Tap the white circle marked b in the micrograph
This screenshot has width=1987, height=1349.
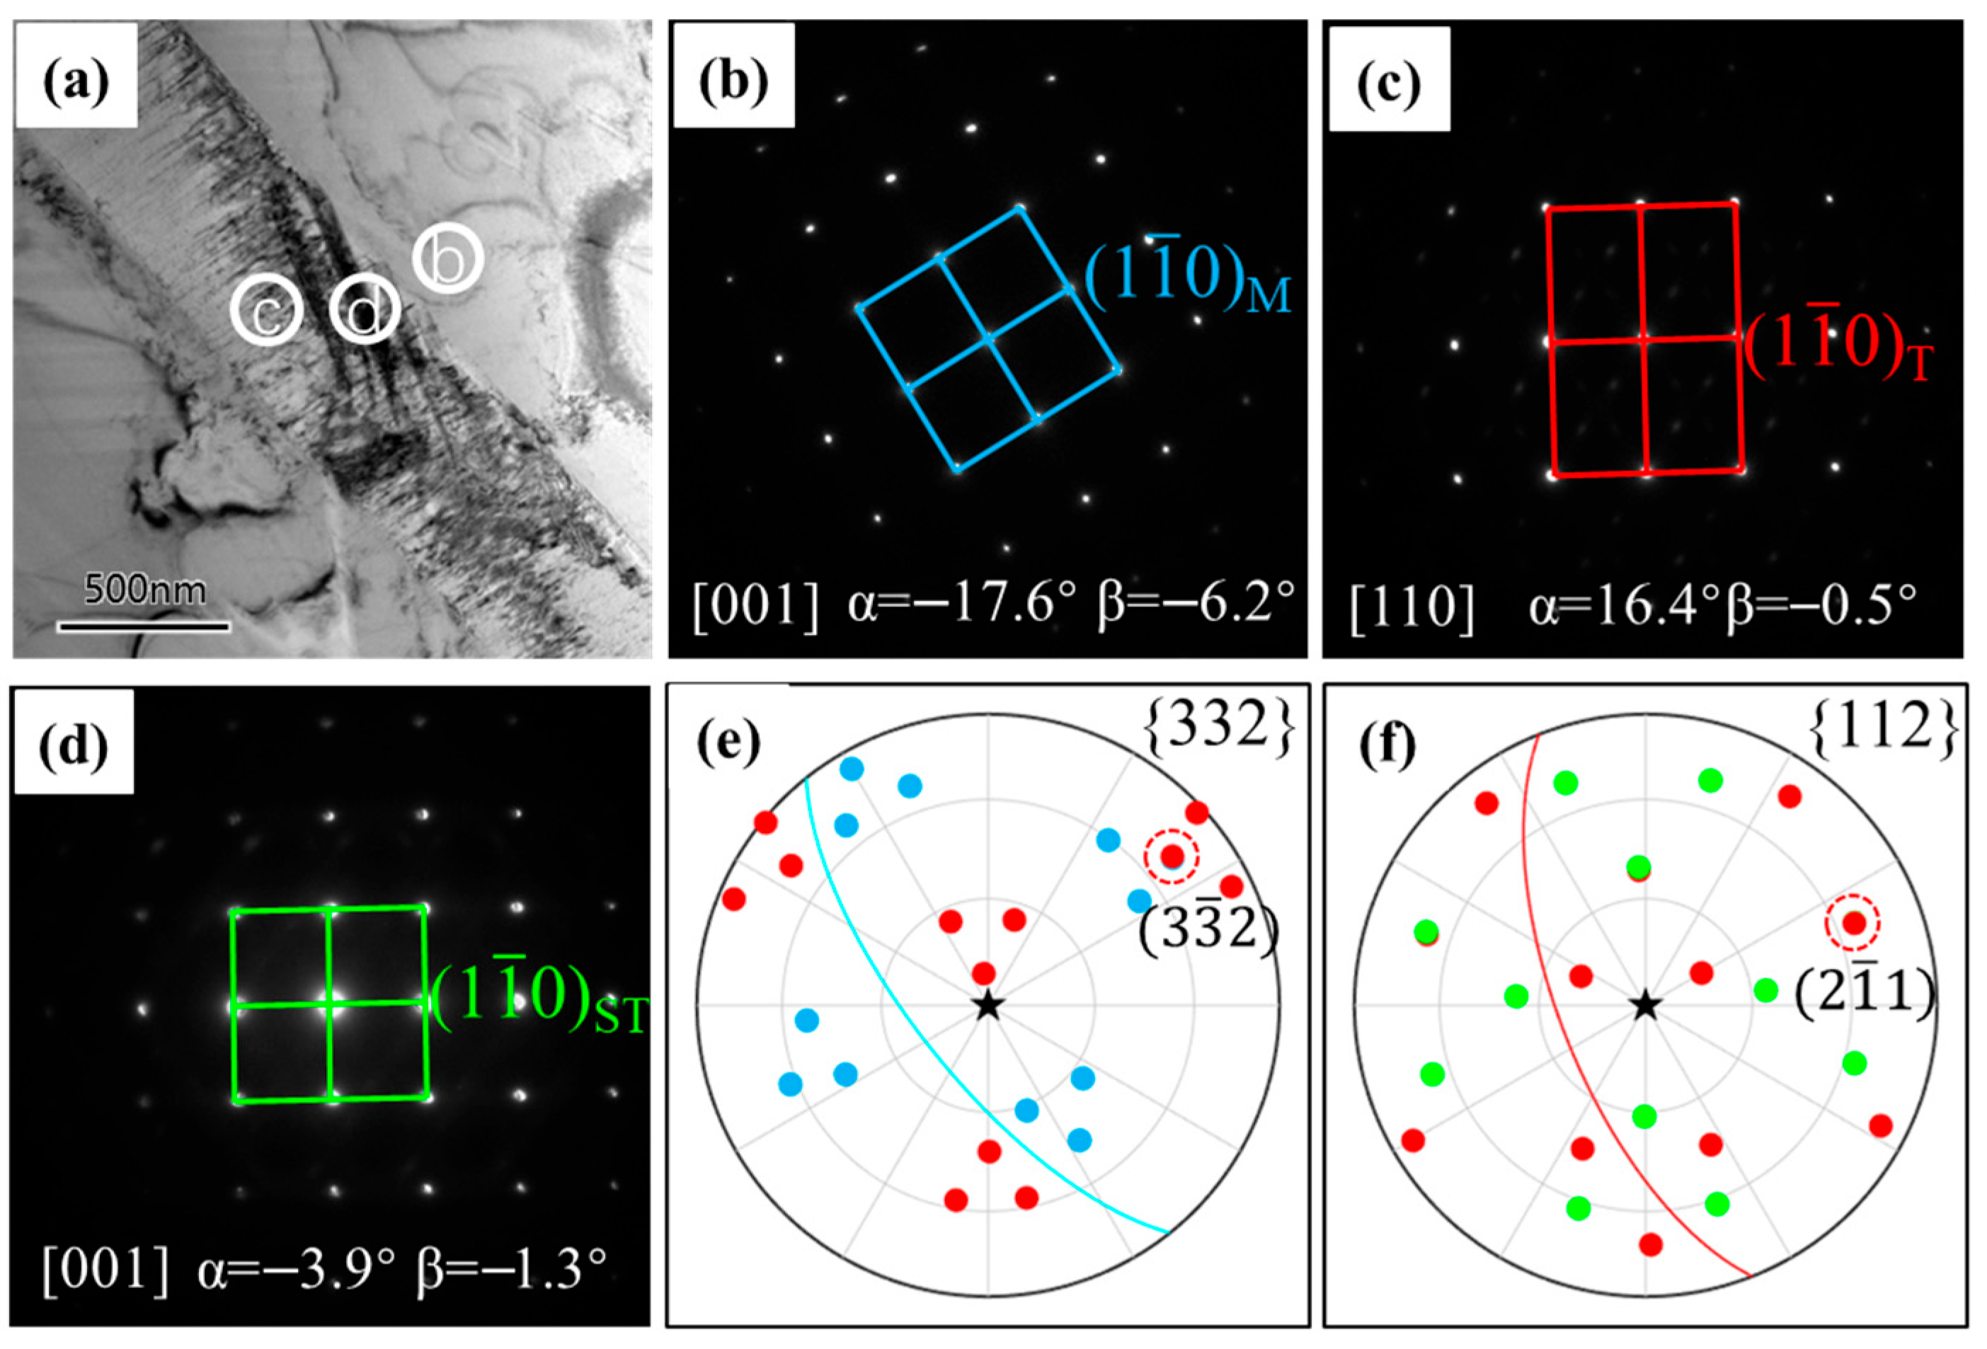click(448, 259)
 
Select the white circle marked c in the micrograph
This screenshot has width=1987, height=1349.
click(267, 313)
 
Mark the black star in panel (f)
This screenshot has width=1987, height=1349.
click(1645, 1006)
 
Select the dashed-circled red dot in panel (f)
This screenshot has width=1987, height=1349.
click(1853, 923)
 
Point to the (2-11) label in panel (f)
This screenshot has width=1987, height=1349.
click(1863, 996)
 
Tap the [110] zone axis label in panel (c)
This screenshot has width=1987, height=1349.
click(1411, 609)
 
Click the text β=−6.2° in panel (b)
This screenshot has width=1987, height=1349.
click(1196, 604)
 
